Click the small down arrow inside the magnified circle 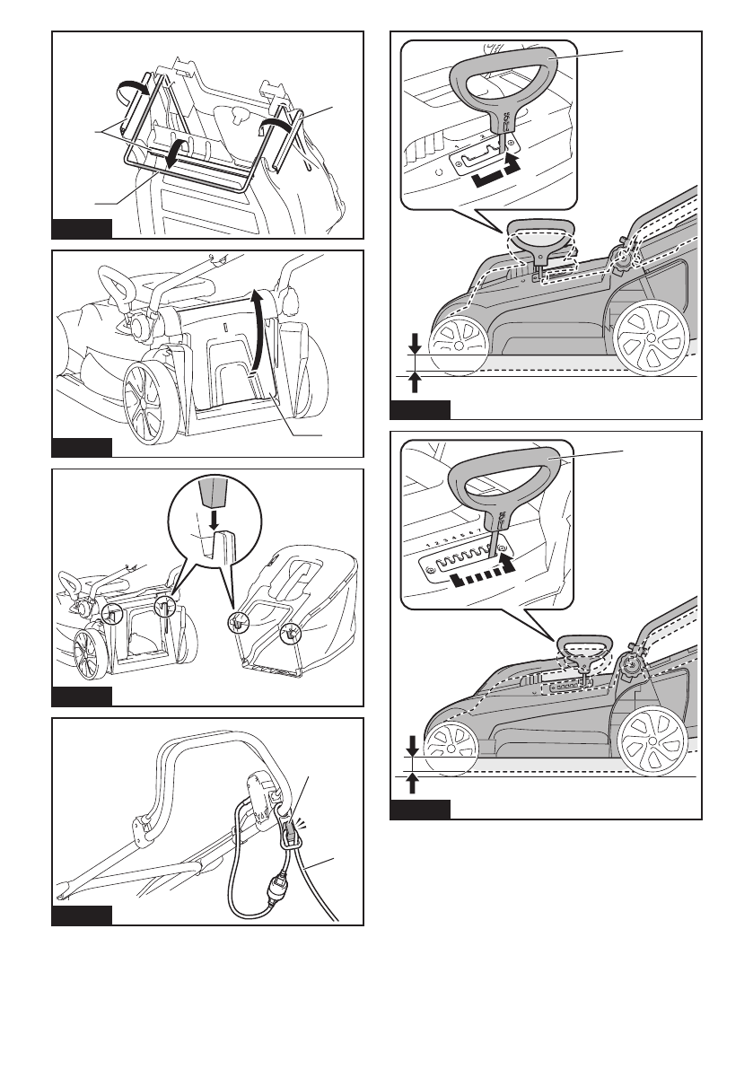point(214,519)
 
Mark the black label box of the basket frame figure point(82,227)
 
